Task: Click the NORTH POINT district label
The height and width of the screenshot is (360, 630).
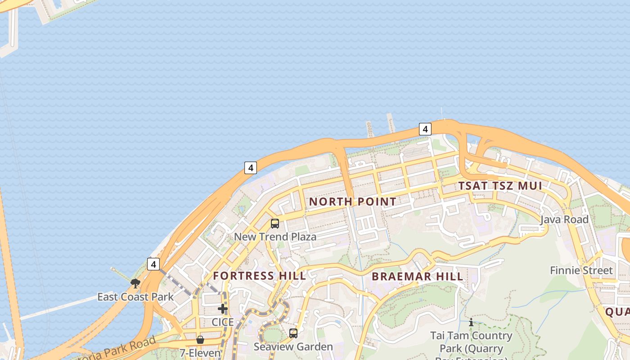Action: click(352, 202)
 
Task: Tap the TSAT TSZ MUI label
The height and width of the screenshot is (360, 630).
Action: click(500, 185)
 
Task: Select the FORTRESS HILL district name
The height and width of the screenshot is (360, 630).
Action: click(259, 276)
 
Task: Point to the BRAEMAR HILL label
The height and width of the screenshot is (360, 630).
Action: click(418, 276)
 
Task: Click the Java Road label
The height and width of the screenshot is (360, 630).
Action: click(564, 220)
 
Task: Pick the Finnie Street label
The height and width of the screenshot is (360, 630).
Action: click(581, 270)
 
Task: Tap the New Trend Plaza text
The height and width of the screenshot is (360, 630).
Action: click(275, 237)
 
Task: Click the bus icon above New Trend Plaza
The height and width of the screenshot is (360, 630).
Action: click(275, 223)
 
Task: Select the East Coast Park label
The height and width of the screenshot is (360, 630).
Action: click(135, 297)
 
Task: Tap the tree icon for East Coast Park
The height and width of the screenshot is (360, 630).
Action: click(135, 283)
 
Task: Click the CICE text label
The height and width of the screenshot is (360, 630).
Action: click(223, 322)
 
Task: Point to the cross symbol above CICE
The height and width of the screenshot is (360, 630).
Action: click(223, 309)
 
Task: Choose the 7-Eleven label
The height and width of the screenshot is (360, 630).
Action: click(200, 353)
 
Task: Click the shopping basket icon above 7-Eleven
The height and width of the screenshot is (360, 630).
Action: click(200, 340)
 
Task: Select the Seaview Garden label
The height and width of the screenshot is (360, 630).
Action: click(293, 347)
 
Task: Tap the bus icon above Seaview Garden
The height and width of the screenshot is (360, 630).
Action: click(293, 333)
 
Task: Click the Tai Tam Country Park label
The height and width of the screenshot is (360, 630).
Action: click(471, 342)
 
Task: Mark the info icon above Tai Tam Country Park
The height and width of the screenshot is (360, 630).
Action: click(471, 323)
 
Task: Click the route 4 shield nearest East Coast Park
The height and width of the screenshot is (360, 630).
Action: click(153, 264)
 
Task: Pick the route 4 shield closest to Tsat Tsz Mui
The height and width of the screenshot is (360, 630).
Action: click(425, 129)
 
